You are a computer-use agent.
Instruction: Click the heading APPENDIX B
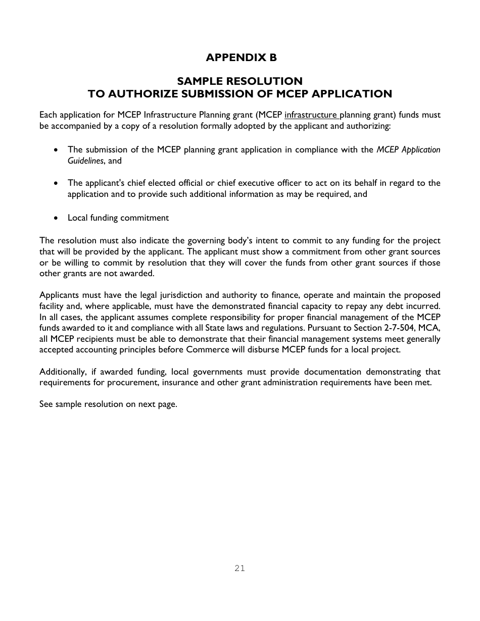(241, 58)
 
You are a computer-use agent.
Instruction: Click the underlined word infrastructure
(311, 115)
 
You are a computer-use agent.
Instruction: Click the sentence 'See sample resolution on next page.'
(108, 404)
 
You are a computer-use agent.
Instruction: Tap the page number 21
(239, 568)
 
